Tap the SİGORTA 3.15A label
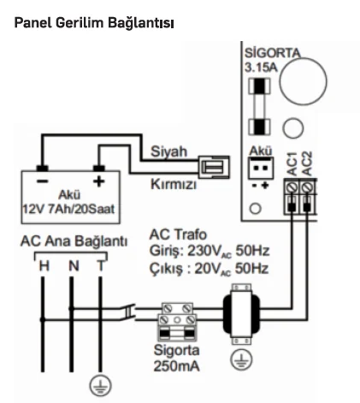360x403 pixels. [273, 61]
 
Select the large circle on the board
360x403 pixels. [303, 81]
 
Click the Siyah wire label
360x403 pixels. [168, 151]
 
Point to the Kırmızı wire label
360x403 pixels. [174, 184]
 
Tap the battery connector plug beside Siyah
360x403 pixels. [214, 167]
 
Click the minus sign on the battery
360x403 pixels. [43, 181]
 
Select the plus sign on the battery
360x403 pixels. [99, 181]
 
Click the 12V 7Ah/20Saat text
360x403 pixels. [68, 210]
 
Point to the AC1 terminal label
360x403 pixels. [292, 163]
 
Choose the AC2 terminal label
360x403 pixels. [307, 163]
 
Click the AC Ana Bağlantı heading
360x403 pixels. [74, 241]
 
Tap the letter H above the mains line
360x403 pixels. [44, 266]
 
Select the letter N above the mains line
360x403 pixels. [74, 266]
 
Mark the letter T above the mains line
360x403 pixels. [101, 266]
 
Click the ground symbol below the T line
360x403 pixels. [100, 386]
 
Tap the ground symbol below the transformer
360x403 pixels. [241, 359]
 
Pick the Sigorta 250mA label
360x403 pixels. [177, 359]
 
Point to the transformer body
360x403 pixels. [241, 314]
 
